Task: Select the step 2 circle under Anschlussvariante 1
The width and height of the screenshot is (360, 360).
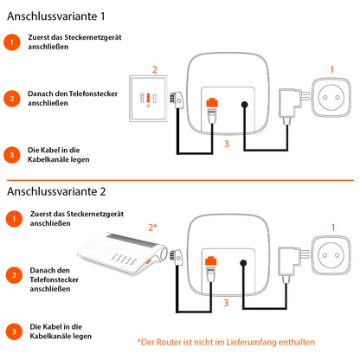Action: pos(10,99)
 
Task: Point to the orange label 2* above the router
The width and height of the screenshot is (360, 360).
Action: pos(153,227)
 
